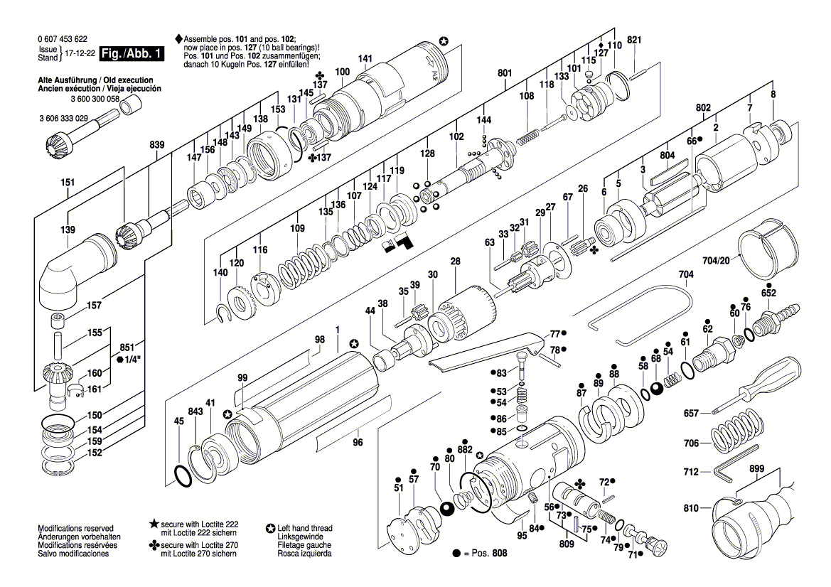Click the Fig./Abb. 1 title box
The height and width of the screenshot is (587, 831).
click(132, 53)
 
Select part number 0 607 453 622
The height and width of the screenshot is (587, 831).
click(63, 38)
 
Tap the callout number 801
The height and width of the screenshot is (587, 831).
click(505, 73)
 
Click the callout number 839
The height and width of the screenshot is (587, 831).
click(156, 145)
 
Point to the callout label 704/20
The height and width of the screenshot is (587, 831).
click(715, 260)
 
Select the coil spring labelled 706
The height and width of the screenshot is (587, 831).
click(739, 432)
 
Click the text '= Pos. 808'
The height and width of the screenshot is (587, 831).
click(485, 553)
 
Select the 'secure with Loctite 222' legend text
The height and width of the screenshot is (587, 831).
click(199, 524)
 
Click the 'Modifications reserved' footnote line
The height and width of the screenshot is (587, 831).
click(75, 528)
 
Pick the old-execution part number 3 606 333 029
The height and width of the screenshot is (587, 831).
click(63, 118)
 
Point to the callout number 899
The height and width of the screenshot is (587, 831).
click(757, 468)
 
